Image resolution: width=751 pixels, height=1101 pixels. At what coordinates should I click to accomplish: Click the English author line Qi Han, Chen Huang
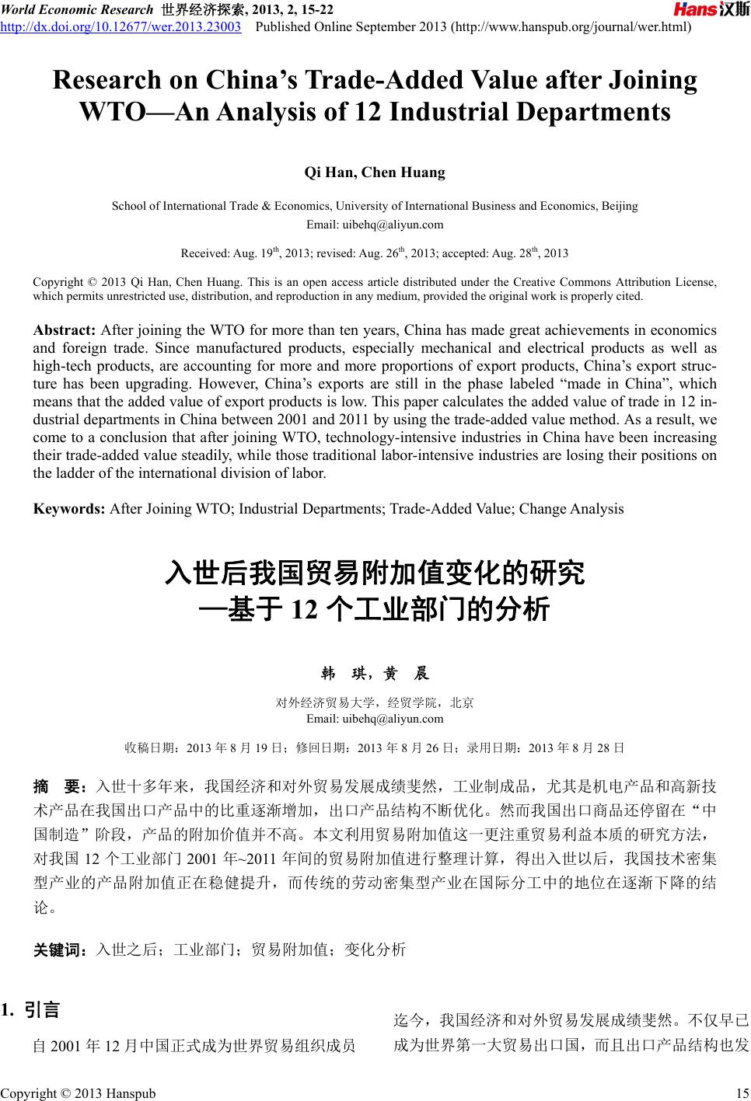pos(375,172)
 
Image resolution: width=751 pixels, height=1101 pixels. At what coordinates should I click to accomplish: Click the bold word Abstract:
pos(65,329)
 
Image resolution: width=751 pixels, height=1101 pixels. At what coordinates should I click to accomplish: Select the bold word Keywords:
pos(69,509)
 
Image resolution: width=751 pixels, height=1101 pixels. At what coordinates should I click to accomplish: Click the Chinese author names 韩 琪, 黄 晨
pos(375,674)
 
